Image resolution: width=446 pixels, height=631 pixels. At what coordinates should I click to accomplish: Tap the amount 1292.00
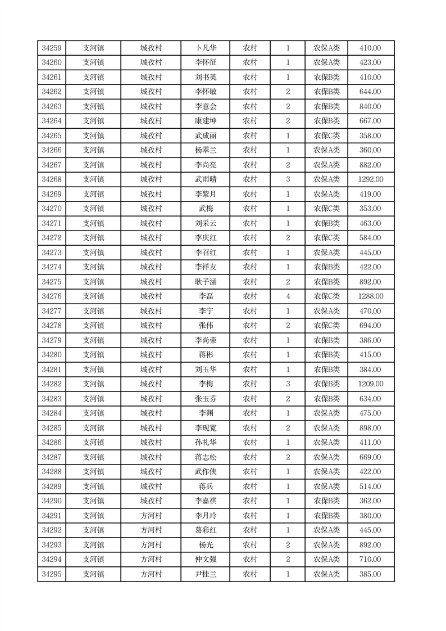point(370,179)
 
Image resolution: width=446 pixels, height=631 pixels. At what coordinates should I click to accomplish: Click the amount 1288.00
point(370,296)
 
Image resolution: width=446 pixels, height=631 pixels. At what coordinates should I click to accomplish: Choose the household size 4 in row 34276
point(288,296)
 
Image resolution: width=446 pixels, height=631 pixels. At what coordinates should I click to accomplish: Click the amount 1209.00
point(370,384)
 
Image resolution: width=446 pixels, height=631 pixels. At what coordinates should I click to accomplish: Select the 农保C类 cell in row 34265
point(326,136)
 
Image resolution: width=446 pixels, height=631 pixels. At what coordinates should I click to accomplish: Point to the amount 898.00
point(370,428)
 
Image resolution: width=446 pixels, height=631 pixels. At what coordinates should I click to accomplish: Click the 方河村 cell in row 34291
point(151,516)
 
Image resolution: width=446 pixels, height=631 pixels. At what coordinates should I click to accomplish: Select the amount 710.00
point(370,560)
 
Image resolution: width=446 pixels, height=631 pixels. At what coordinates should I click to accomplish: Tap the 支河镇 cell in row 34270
point(93,209)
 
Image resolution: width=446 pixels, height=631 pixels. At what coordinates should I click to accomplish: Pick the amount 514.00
point(370,486)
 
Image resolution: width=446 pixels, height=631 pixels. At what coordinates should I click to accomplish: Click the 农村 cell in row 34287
point(249,457)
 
